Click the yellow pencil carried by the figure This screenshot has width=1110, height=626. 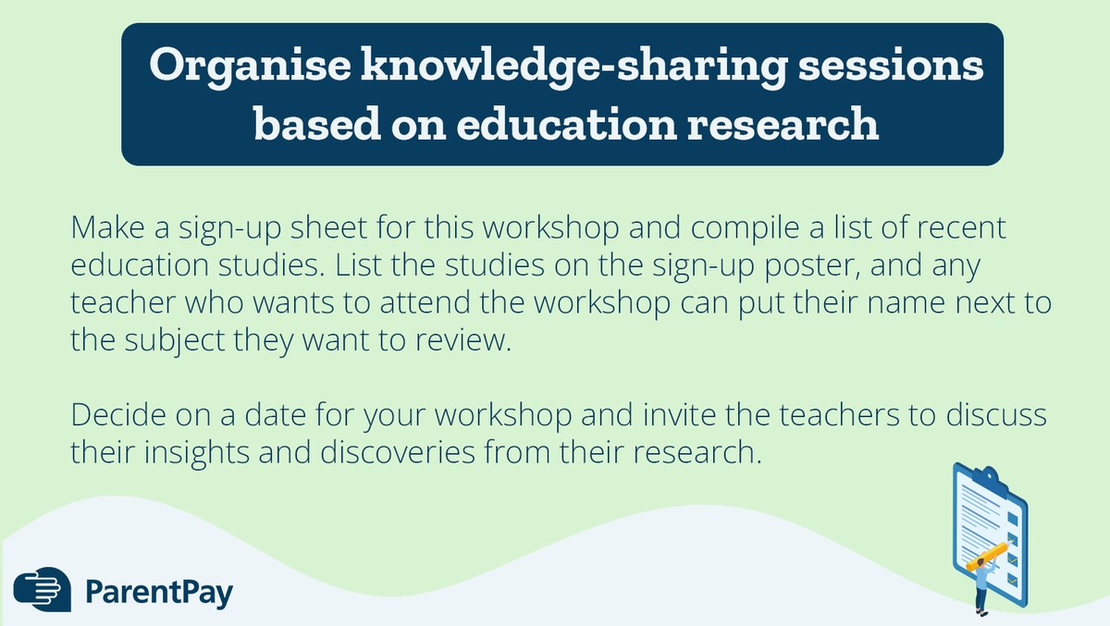[x=986, y=556]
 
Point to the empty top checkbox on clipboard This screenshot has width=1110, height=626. [x=1012, y=518]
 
